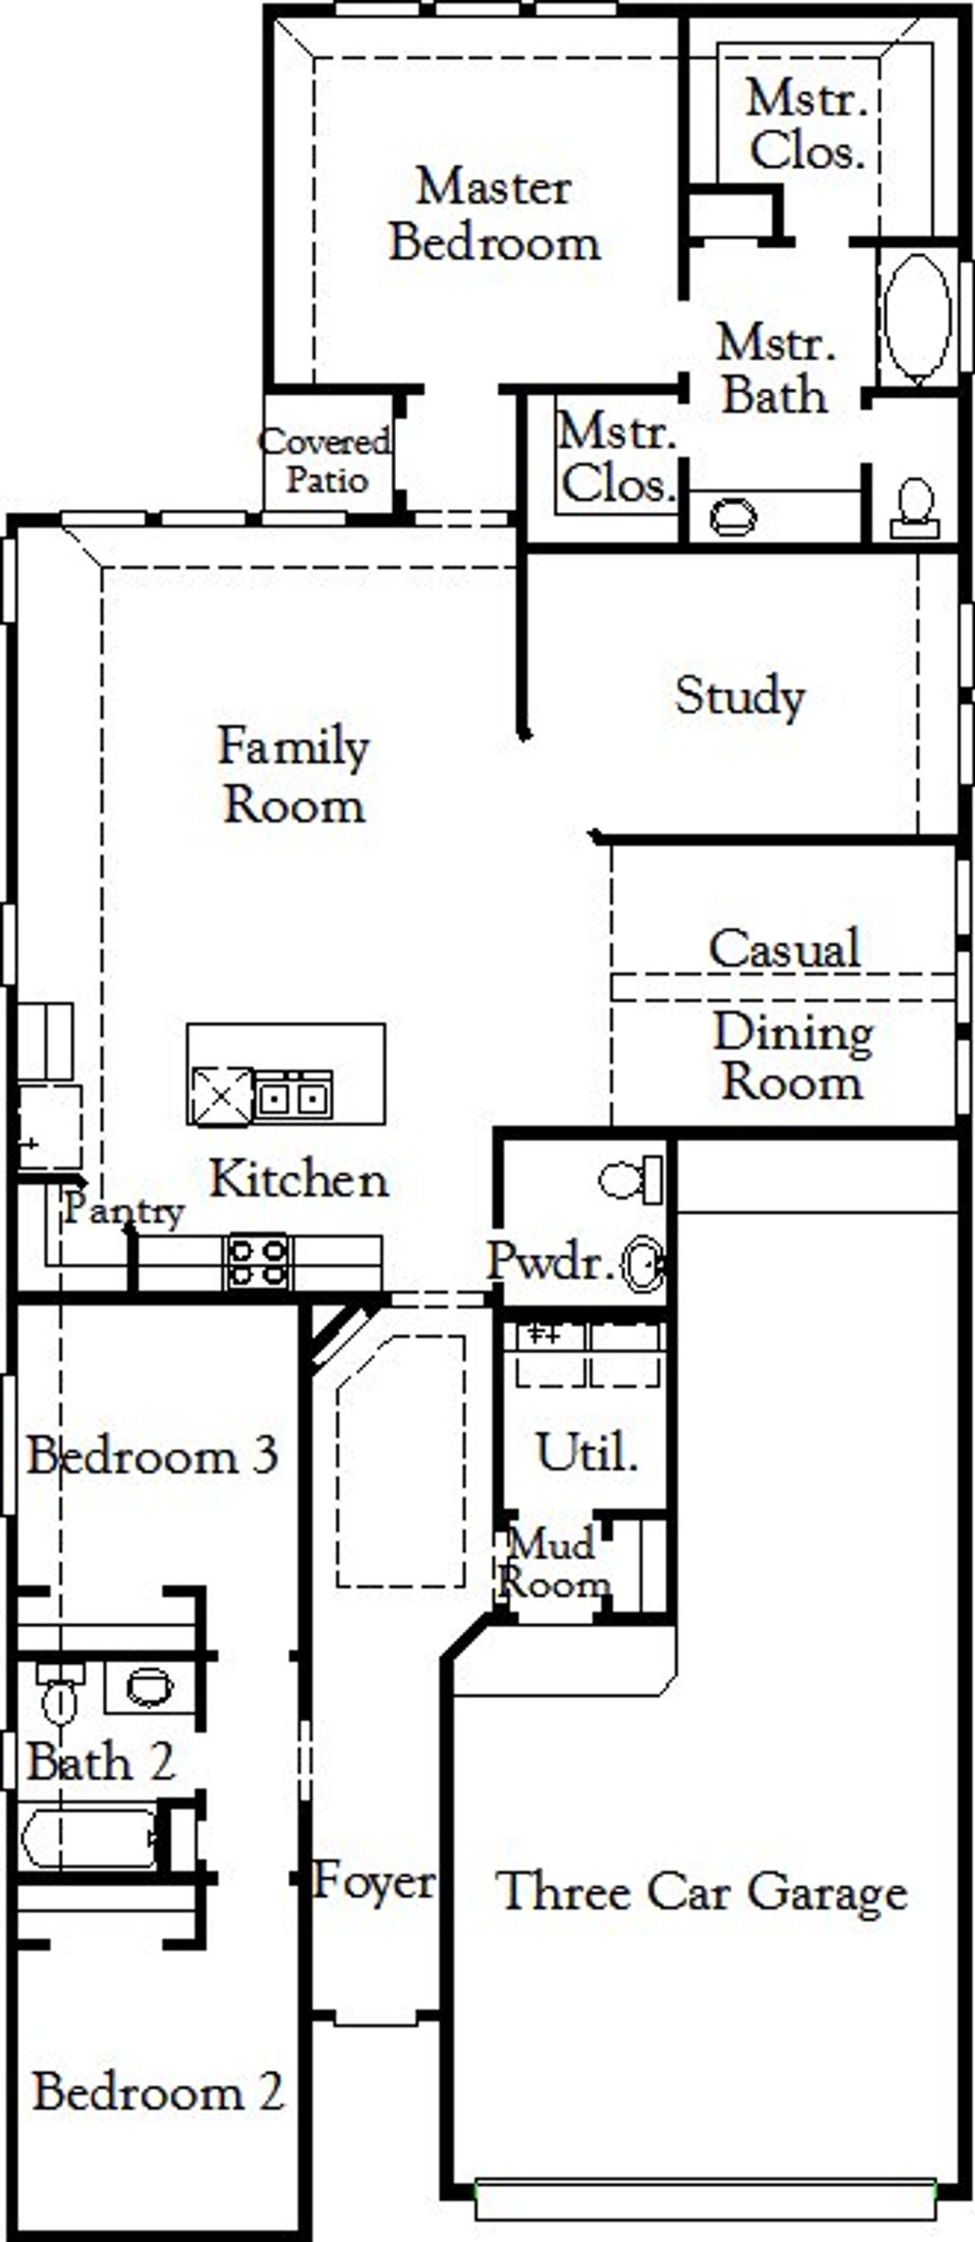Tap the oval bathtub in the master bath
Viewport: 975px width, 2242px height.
pyautogui.click(x=916, y=317)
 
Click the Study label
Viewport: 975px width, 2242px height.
pyautogui.click(x=740, y=696)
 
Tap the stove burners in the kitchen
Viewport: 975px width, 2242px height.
pyautogui.click(x=257, y=1262)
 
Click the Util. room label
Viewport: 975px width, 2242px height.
pyautogui.click(x=586, y=1453)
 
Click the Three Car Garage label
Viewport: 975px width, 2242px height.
pyautogui.click(x=702, y=1892)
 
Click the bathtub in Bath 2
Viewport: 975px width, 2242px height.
pyautogui.click(x=87, y=1837)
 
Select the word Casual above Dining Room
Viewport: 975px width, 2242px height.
pyautogui.click(x=784, y=948)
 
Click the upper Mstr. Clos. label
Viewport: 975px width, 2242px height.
pyautogui.click(x=806, y=126)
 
